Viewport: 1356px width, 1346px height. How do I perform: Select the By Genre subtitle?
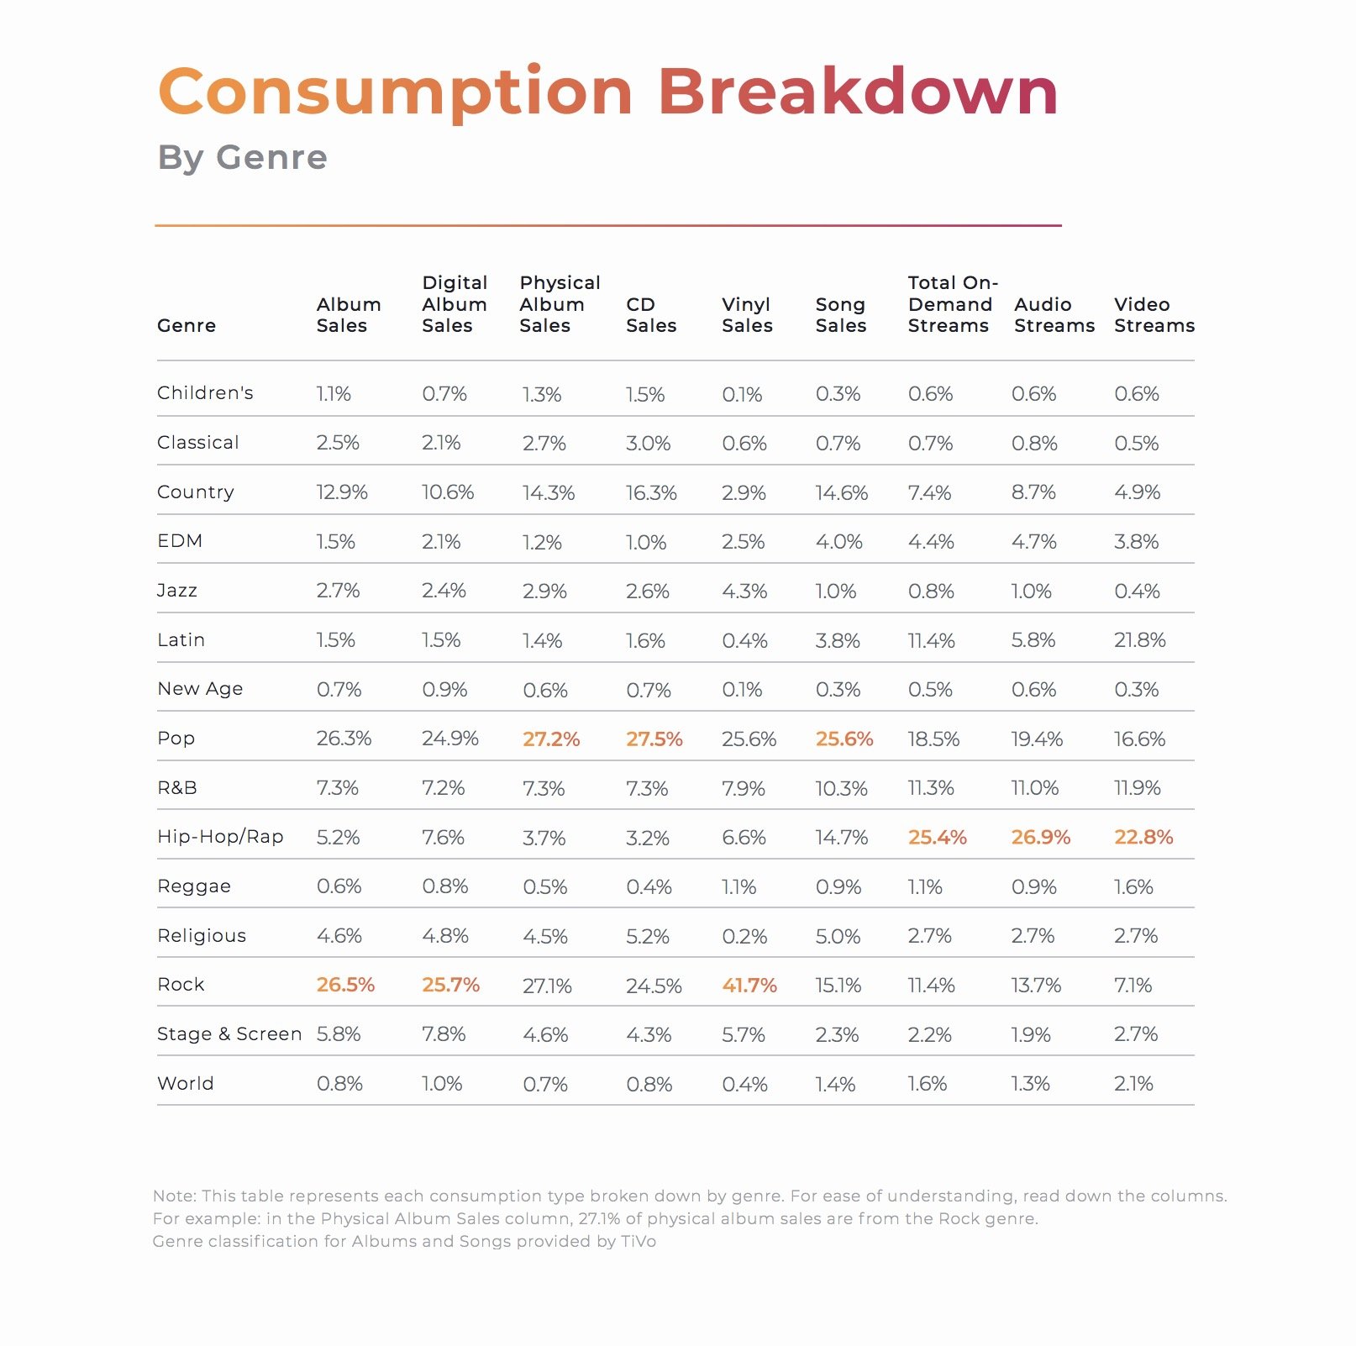pos(243,158)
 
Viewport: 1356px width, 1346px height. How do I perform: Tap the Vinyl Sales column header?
pos(747,315)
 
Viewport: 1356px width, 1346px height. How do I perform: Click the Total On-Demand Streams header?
pos(953,304)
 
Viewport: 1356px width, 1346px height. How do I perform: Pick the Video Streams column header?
pos(1154,315)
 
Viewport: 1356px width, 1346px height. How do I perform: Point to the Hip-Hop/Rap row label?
pos(220,837)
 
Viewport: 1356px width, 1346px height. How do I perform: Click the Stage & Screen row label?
pos(229,1034)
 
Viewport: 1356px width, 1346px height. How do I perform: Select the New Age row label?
pos(200,689)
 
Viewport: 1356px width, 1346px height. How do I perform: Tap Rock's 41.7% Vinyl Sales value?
pos(749,986)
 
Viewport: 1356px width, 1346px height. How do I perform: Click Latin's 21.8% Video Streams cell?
pos(1140,640)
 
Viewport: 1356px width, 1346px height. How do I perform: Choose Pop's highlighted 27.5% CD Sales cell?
pos(654,739)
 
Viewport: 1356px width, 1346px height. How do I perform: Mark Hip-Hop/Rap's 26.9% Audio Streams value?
pos(1041,838)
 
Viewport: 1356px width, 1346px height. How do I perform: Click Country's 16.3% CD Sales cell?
pos(651,493)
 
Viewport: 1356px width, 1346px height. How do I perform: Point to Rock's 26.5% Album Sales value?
pos(345,985)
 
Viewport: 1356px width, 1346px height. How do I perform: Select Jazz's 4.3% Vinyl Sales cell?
pos(744,592)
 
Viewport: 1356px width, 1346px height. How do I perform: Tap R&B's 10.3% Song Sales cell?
pos(841,789)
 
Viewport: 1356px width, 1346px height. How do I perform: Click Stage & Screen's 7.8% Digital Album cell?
pos(444,1034)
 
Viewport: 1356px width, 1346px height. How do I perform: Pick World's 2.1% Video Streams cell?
pos(1133,1084)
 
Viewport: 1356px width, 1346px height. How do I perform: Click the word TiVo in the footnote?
pos(638,1242)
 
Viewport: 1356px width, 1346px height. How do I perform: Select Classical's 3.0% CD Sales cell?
pos(648,444)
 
